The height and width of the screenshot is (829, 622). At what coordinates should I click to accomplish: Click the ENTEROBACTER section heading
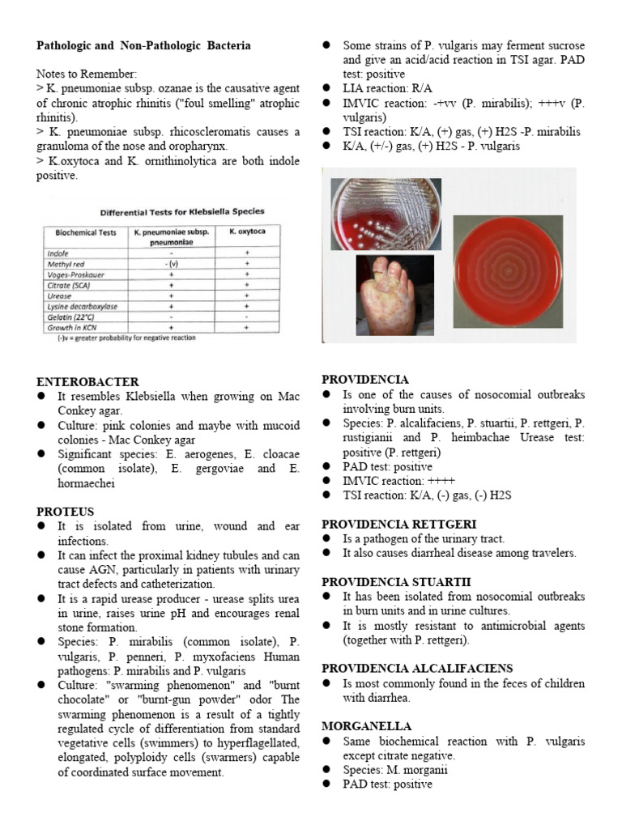point(87,381)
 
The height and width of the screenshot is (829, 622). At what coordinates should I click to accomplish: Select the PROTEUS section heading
point(66,512)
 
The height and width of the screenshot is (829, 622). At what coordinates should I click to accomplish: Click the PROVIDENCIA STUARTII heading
point(396,582)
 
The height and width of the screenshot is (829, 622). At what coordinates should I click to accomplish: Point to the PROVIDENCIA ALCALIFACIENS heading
point(417,668)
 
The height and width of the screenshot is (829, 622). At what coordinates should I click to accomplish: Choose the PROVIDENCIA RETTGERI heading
point(399,525)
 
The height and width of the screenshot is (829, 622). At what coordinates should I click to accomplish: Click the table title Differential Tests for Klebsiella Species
point(182,212)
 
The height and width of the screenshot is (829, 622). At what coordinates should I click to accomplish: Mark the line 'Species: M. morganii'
point(395,769)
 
